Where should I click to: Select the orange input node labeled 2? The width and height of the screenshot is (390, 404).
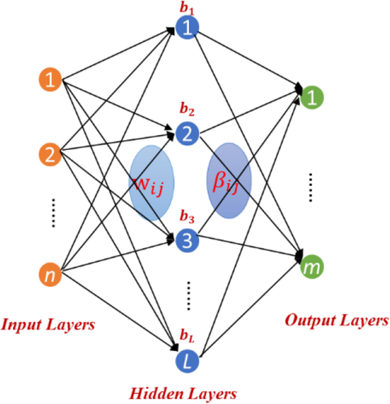[50, 154]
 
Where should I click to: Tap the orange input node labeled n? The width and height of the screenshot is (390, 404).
[50, 275]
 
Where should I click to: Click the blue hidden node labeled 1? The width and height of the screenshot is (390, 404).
[187, 28]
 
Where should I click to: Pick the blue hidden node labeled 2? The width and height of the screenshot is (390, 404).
[187, 133]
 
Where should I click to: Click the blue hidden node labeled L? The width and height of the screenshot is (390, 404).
[187, 361]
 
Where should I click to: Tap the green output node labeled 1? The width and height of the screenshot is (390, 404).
[312, 97]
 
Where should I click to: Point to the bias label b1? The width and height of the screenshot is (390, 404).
[187, 9]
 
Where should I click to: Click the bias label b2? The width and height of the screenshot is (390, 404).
[187, 109]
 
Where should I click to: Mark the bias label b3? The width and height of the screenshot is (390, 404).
[187, 216]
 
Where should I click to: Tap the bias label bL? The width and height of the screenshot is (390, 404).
[187, 336]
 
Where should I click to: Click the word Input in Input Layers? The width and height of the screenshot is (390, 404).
[22, 324]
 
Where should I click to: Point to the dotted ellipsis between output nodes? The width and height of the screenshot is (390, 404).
[310, 187]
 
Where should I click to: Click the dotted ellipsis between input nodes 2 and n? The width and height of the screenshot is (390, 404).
[53, 213]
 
